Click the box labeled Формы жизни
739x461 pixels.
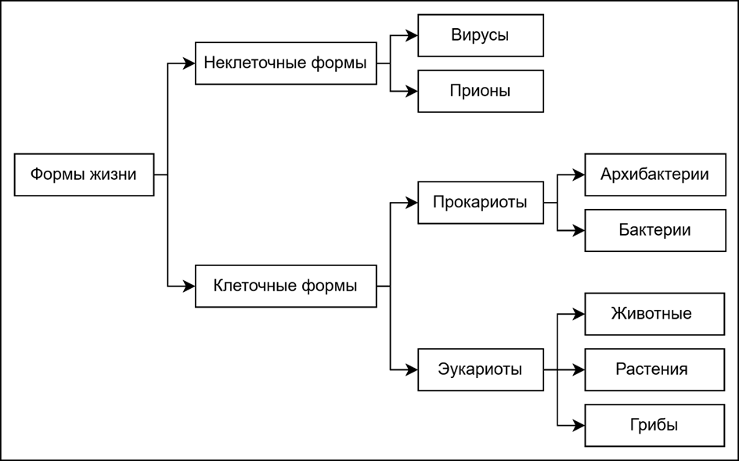(x=84, y=174)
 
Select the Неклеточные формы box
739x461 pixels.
(x=285, y=63)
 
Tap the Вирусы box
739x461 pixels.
(x=480, y=35)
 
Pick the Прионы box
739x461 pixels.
(x=480, y=91)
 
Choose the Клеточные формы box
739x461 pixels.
(x=285, y=286)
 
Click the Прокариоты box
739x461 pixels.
(x=480, y=203)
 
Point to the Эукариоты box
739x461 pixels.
(x=480, y=369)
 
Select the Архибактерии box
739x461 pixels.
(x=654, y=175)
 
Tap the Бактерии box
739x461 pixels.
(x=654, y=230)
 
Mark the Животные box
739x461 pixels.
(x=654, y=314)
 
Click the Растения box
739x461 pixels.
(x=654, y=369)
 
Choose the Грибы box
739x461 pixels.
(x=654, y=425)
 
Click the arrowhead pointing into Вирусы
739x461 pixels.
(x=412, y=35)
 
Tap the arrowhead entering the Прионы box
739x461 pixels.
(x=412, y=91)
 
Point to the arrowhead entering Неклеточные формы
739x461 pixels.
(x=189, y=63)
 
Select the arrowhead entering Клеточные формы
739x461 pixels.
(x=189, y=286)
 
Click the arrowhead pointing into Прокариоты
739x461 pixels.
(x=412, y=203)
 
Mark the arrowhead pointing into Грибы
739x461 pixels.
(x=579, y=425)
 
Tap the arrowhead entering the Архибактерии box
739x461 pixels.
(x=579, y=175)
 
